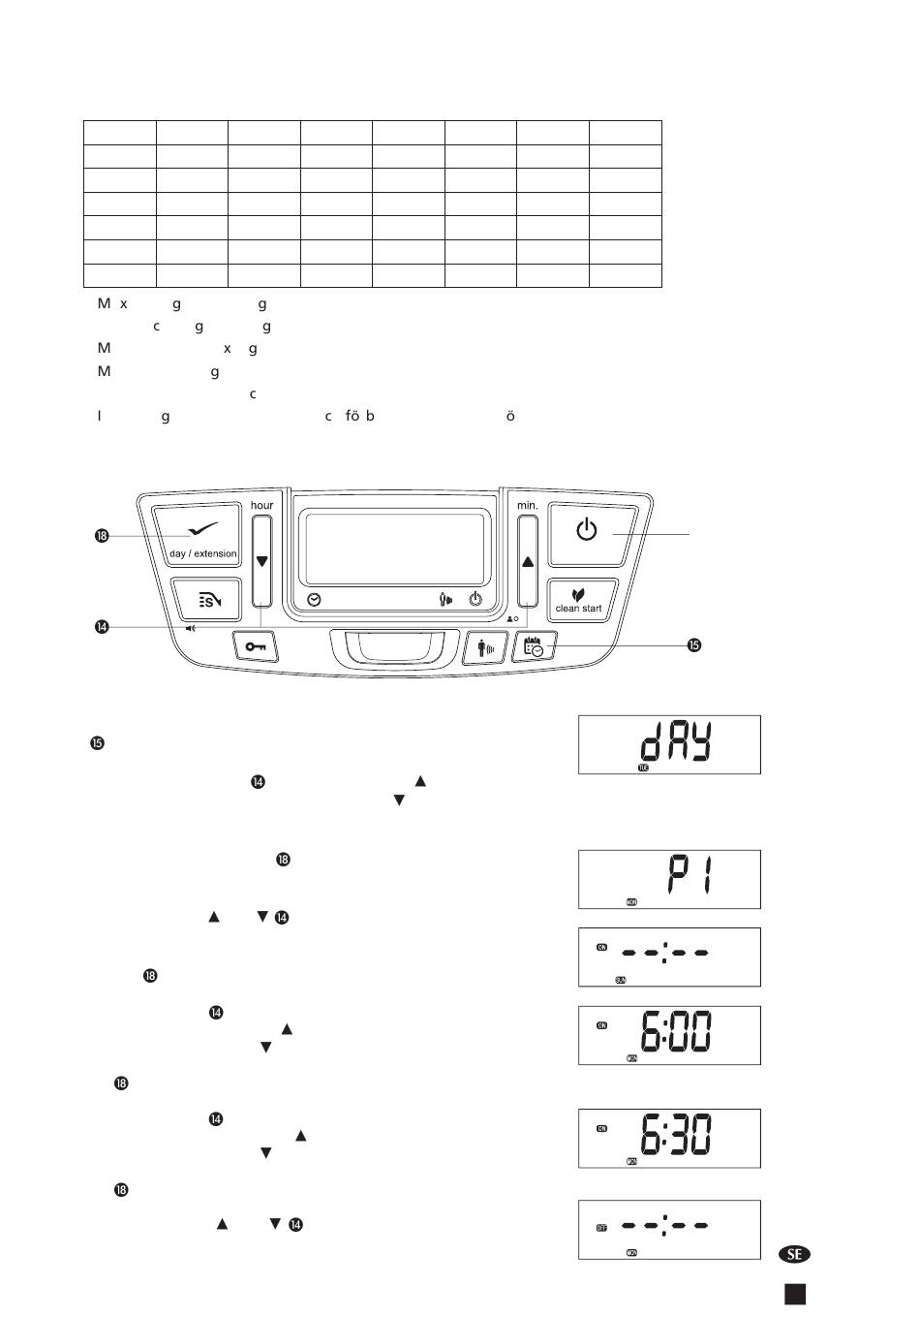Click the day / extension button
pos(202,535)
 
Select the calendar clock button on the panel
pos(535,646)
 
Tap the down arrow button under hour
pos(261,559)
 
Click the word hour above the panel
pos(261,505)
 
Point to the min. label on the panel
pos(527,505)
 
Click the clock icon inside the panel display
pos(314,600)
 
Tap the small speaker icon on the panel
pos(191,628)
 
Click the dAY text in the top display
pos(675,743)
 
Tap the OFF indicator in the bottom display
pos(602,1227)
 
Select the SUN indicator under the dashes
pos(621,980)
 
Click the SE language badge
pos(794,1254)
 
